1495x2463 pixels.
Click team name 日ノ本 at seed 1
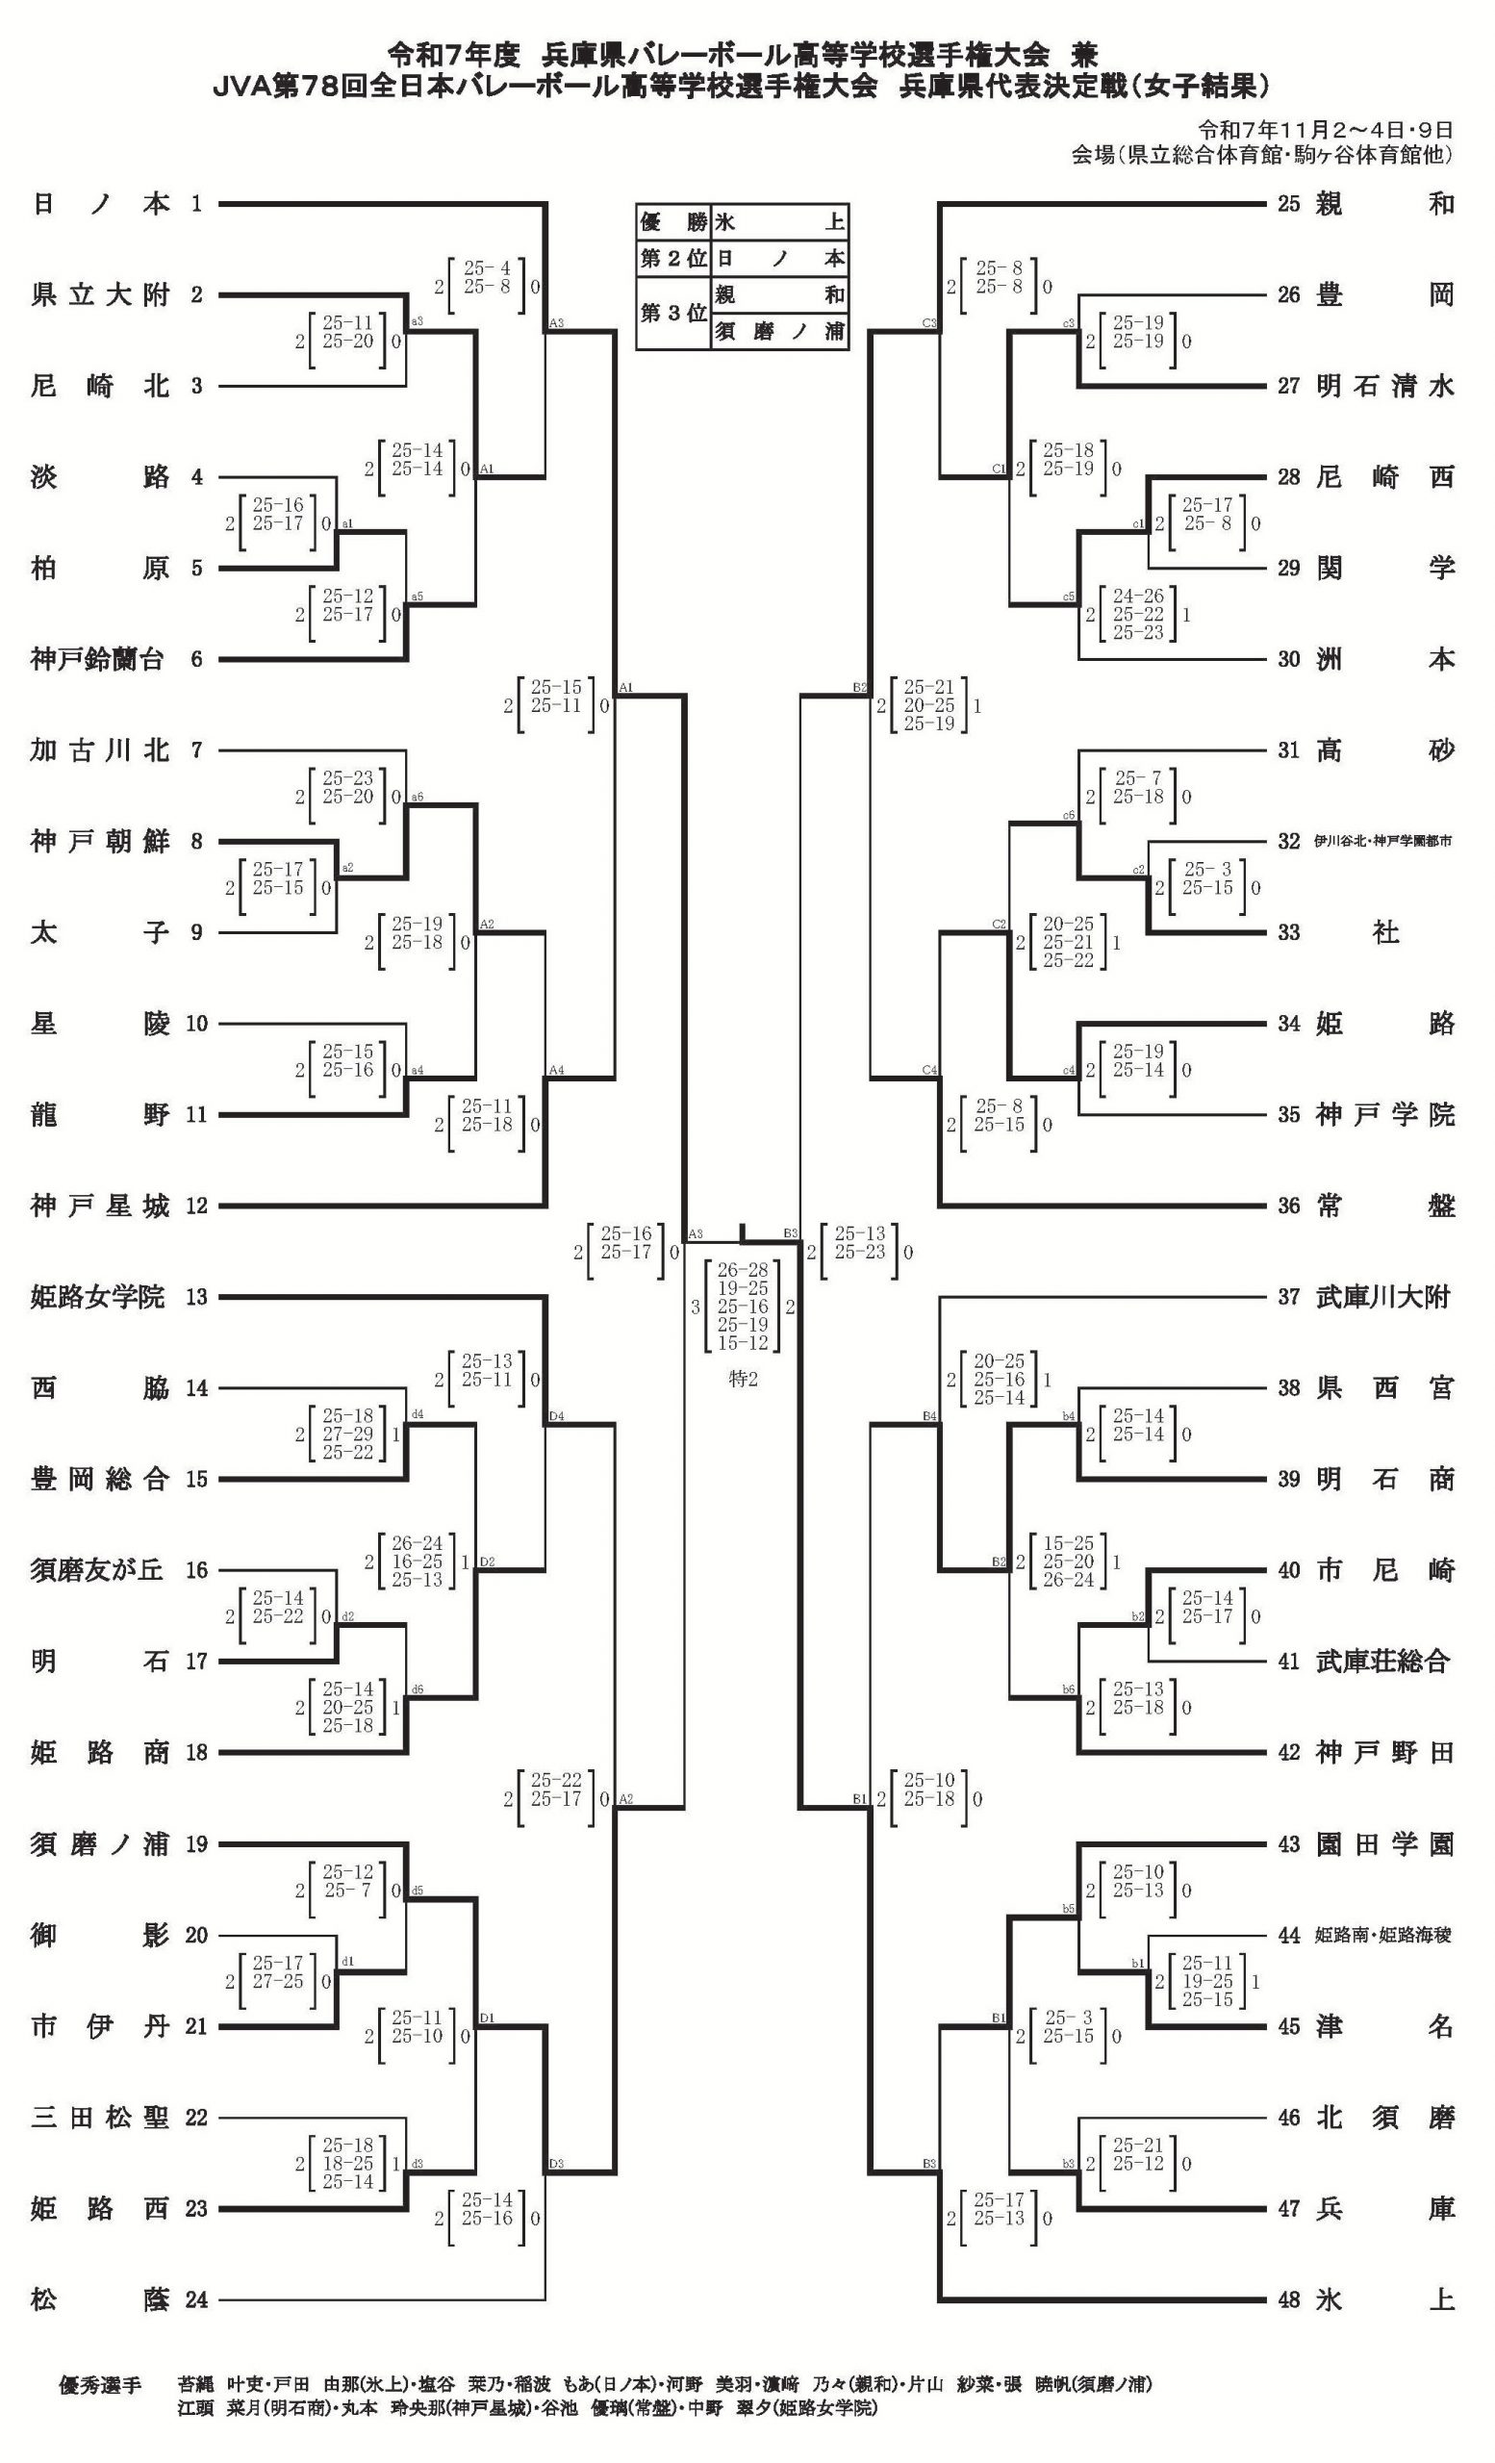coord(100,204)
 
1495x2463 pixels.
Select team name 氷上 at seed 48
coord(1384,2300)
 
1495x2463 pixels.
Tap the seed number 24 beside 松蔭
coord(197,2300)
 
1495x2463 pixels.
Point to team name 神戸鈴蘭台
coord(97,660)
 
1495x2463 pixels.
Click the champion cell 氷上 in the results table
coord(779,221)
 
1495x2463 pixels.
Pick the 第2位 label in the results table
coord(672,259)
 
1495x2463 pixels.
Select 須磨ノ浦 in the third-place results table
coord(779,332)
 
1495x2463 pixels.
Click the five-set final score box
coord(743,1306)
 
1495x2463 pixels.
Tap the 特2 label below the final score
coord(743,1380)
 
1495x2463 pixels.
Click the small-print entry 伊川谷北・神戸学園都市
coord(1384,842)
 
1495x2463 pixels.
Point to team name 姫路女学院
coord(97,1298)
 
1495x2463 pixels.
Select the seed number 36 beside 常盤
coord(1288,1206)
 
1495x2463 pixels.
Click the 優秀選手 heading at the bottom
coord(100,2385)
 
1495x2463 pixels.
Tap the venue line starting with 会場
coord(1261,156)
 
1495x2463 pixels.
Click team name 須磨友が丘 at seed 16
coord(97,1570)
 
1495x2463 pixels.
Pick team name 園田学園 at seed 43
coord(1384,1844)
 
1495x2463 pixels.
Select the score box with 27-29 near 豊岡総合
coord(347,1435)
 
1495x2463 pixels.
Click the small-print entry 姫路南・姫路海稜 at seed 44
coord(1384,1935)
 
